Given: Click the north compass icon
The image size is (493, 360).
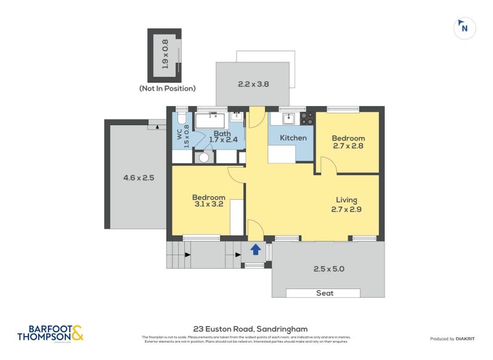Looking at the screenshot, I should point(464,27).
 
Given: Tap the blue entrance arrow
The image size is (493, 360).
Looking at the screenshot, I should point(255,250).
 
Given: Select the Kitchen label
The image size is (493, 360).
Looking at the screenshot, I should point(293,137).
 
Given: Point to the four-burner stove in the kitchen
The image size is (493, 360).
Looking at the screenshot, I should point(307,118).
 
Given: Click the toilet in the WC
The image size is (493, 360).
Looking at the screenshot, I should point(182,119).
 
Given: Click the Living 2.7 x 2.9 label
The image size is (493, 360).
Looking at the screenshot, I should point(346,204).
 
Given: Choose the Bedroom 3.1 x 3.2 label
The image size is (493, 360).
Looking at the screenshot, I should point(210,201).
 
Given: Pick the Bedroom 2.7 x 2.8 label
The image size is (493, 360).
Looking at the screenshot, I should point(348,142).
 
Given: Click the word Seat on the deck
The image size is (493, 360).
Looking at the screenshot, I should point(325,293).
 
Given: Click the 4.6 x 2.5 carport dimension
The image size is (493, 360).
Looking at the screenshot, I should point(138,178).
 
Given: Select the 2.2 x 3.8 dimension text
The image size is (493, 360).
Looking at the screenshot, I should point(253,84).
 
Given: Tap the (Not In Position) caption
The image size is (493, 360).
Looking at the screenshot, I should point(167,88).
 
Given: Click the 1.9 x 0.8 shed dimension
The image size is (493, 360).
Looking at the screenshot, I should point(165,54).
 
